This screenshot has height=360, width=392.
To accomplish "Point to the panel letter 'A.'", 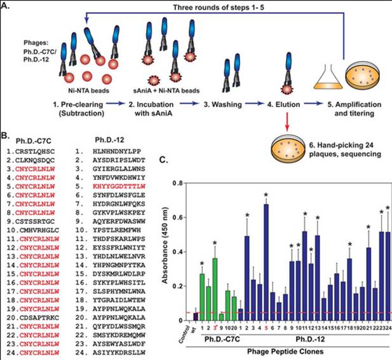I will pos(7,7).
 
